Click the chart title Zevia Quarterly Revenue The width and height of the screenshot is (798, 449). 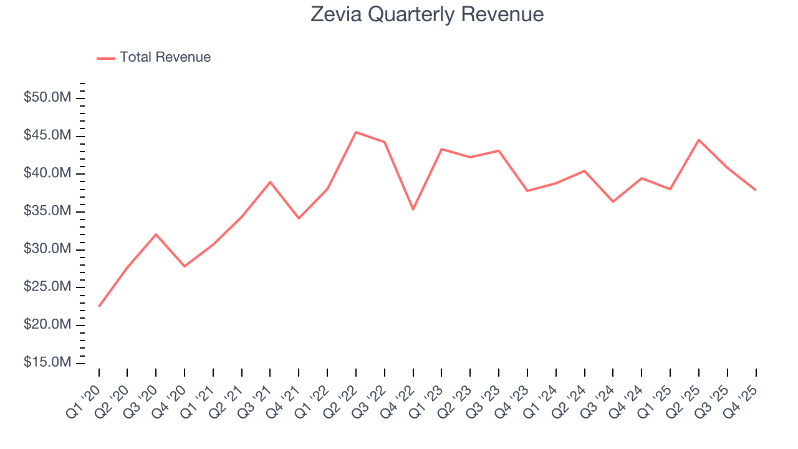pos(427,14)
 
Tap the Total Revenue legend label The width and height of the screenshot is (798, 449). pos(165,57)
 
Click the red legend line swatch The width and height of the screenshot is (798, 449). pos(106,58)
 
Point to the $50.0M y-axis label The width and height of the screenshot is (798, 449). pos(48,98)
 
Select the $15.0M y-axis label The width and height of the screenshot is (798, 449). pos(48,363)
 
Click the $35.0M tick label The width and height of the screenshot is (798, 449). pos(48,211)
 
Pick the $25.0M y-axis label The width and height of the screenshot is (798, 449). pos(48,287)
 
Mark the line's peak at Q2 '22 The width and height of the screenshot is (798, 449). pos(356,132)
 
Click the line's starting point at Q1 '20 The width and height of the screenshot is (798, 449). pos(99,306)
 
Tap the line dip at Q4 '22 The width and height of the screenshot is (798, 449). pos(413,209)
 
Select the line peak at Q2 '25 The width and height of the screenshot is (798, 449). pos(699,140)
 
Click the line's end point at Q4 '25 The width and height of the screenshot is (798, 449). pos(756,190)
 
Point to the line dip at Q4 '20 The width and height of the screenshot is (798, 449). pos(185,266)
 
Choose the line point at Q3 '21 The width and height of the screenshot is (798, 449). pos(270,182)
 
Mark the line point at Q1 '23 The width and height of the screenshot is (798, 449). pos(441,149)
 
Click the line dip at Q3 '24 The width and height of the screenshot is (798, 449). pos(613,201)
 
